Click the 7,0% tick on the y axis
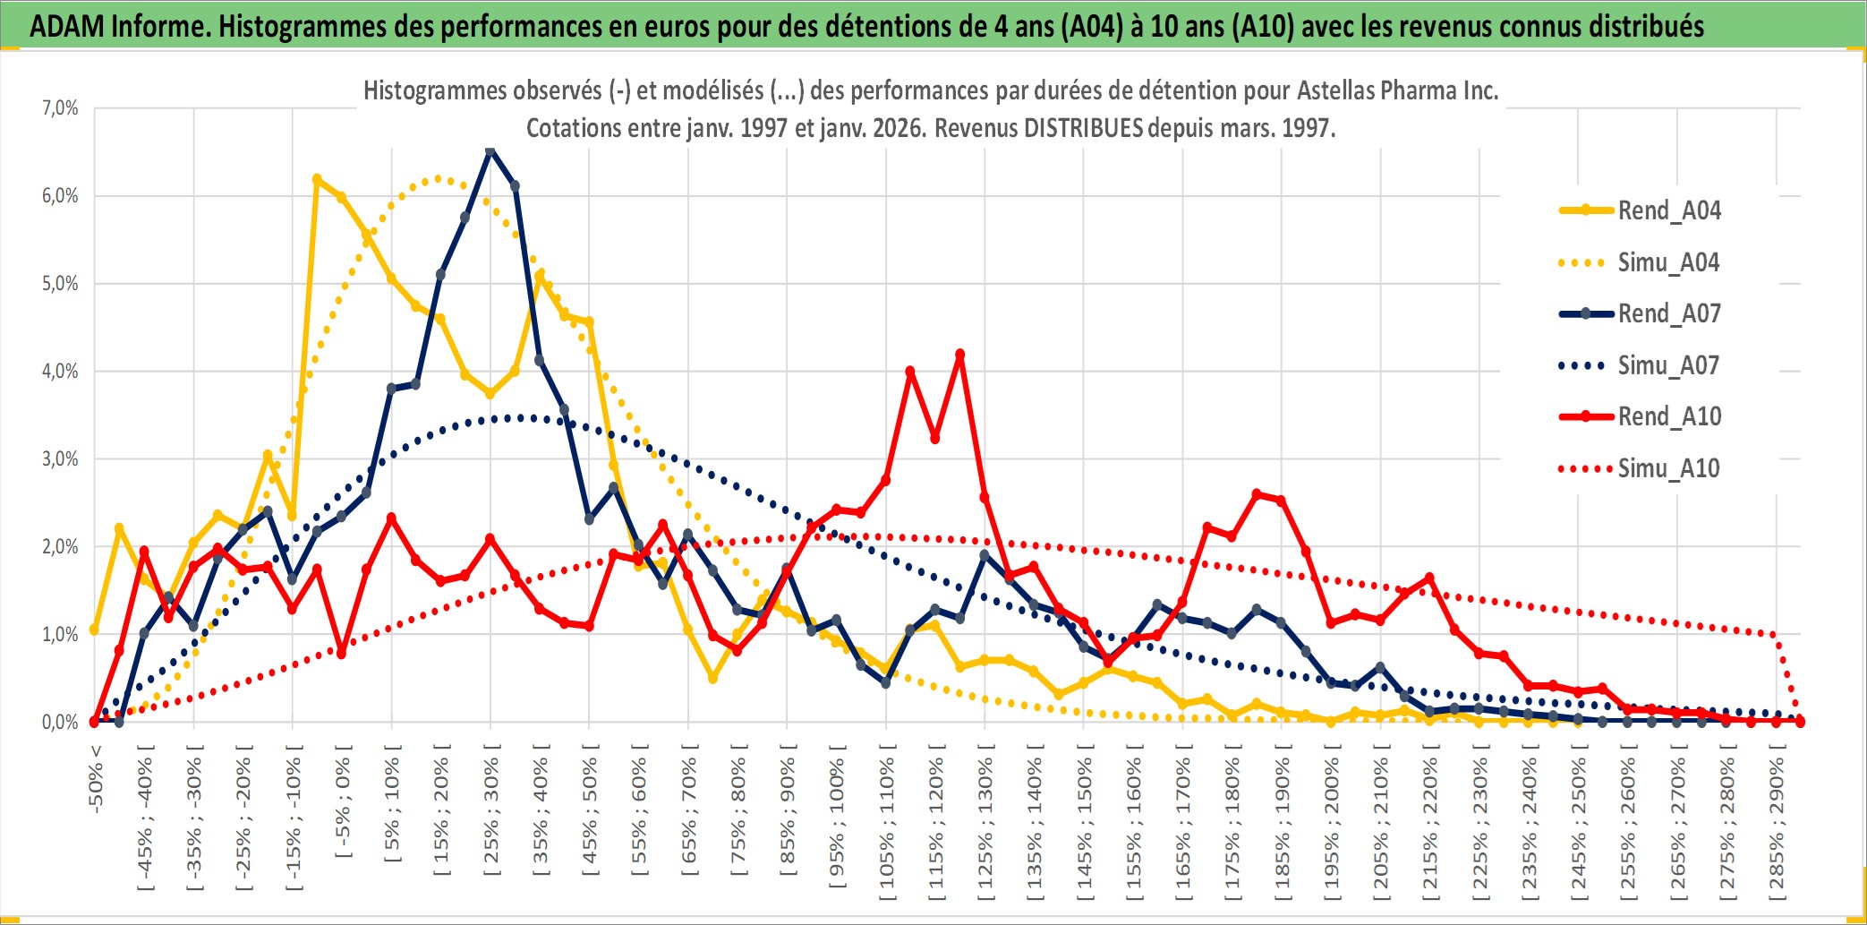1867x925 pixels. pos(60,108)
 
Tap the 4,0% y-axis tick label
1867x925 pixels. pos(60,371)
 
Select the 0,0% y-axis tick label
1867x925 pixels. pos(60,722)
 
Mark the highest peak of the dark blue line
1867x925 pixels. pos(490,150)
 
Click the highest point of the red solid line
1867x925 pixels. pos(960,355)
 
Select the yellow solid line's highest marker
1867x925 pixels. pos(317,179)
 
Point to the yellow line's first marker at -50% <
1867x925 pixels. pos(94,630)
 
